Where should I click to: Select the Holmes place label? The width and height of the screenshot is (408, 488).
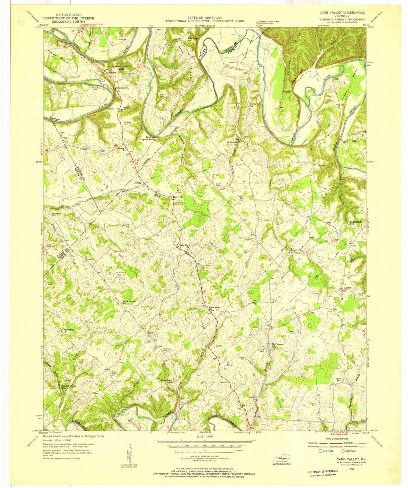click(x=320, y=165)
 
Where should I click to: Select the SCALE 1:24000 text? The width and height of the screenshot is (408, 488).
click(x=204, y=436)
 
